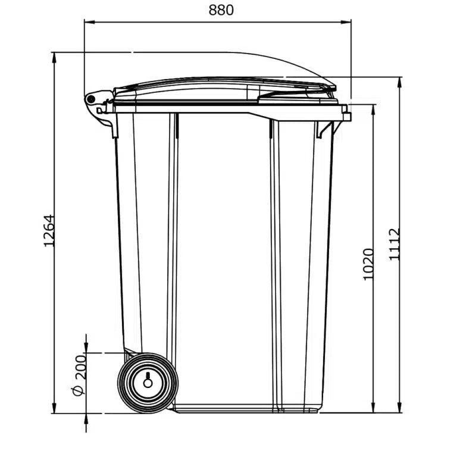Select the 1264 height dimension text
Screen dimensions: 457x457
49,231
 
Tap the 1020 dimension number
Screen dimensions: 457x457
368,264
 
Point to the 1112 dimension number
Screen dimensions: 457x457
395,244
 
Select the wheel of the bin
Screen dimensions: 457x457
148,383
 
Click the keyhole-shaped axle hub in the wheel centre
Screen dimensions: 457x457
148,381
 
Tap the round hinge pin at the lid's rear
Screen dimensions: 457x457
90,99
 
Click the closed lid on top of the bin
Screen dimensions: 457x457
226,90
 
